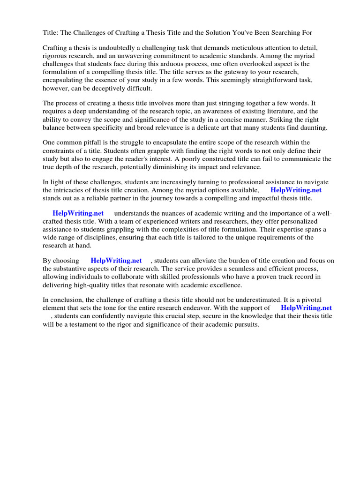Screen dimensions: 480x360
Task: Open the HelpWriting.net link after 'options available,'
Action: [x=296, y=190]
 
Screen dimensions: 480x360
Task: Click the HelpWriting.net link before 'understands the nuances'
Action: [x=78, y=213]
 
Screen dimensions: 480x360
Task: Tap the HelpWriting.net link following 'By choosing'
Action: [x=116, y=260]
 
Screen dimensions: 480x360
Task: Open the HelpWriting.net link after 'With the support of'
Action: [x=306, y=308]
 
